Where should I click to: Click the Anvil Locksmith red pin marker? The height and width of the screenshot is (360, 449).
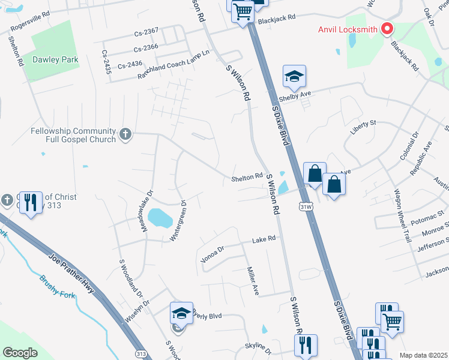point(387,28)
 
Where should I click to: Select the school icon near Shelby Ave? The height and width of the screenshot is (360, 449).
point(294,77)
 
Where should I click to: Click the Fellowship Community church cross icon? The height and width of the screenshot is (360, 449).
point(125,134)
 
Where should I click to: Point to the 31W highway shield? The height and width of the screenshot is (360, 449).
point(304,206)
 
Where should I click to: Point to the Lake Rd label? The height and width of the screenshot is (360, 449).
point(264,238)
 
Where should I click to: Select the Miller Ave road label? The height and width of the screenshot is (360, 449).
point(252,281)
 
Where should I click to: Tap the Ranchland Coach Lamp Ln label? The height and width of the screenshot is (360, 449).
point(173,64)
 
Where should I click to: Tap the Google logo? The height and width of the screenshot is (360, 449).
point(20,353)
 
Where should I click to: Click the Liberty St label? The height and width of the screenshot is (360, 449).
point(364,123)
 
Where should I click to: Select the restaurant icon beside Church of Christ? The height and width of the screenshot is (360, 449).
point(33,203)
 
